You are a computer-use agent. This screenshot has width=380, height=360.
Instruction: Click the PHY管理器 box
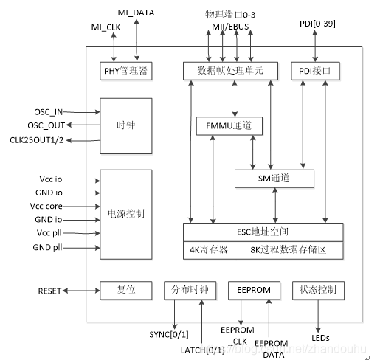(x=126, y=71)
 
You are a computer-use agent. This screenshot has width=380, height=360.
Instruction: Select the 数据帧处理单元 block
(x=233, y=71)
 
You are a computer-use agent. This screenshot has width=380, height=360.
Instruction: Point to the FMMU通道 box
(x=228, y=126)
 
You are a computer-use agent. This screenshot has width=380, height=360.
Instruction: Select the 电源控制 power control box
(x=125, y=214)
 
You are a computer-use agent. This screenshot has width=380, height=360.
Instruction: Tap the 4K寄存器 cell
(x=209, y=250)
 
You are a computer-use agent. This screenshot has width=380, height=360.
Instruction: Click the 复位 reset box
(x=126, y=290)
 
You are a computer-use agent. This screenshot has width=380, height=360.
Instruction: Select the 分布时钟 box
(x=190, y=290)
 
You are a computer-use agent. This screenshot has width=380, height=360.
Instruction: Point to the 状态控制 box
(x=318, y=290)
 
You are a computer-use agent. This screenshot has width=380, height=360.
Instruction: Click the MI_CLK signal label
(x=105, y=28)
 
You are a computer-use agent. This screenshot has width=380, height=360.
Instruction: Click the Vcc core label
(x=47, y=206)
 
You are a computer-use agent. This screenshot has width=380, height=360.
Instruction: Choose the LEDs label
(x=320, y=338)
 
